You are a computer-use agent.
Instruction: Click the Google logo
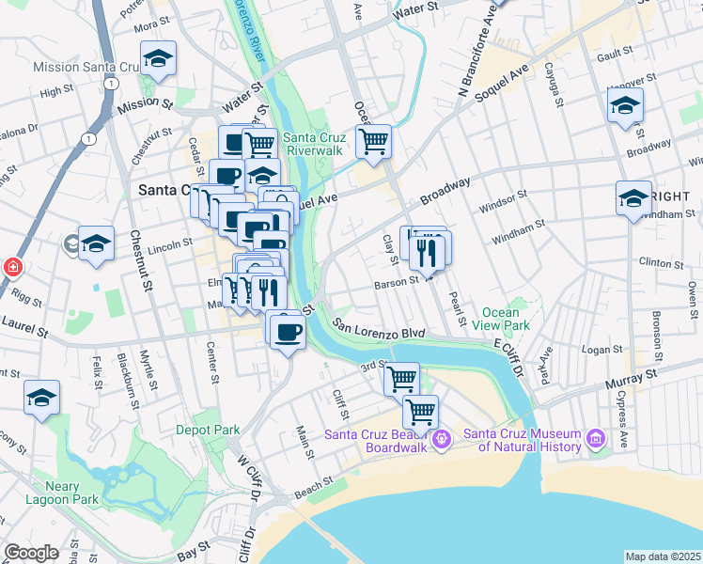[31, 552]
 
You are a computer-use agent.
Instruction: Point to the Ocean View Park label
[507, 319]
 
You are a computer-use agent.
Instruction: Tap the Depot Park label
[209, 430]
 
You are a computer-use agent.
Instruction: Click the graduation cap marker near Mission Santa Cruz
[159, 60]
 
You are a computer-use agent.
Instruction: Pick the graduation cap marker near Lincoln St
[96, 245]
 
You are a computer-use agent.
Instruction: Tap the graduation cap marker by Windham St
[634, 199]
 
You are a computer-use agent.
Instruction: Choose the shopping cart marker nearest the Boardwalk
[420, 412]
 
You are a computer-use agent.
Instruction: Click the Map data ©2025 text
[664, 556]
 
